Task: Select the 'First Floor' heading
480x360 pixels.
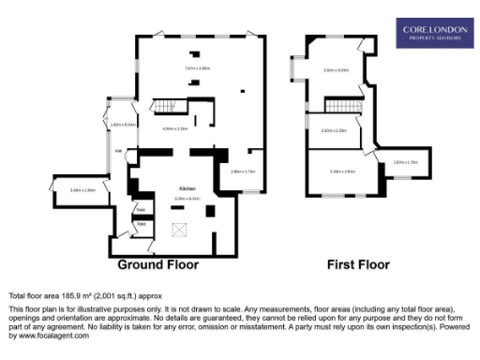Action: point(357,265)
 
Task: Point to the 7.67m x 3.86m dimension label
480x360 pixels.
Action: point(197,68)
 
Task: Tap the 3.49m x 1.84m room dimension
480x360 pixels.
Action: point(83,190)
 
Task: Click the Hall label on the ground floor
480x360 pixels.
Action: point(119,150)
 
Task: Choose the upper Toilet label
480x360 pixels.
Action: point(140,208)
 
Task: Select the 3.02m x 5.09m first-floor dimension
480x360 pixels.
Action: point(336,70)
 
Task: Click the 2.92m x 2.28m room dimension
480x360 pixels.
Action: point(334,130)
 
